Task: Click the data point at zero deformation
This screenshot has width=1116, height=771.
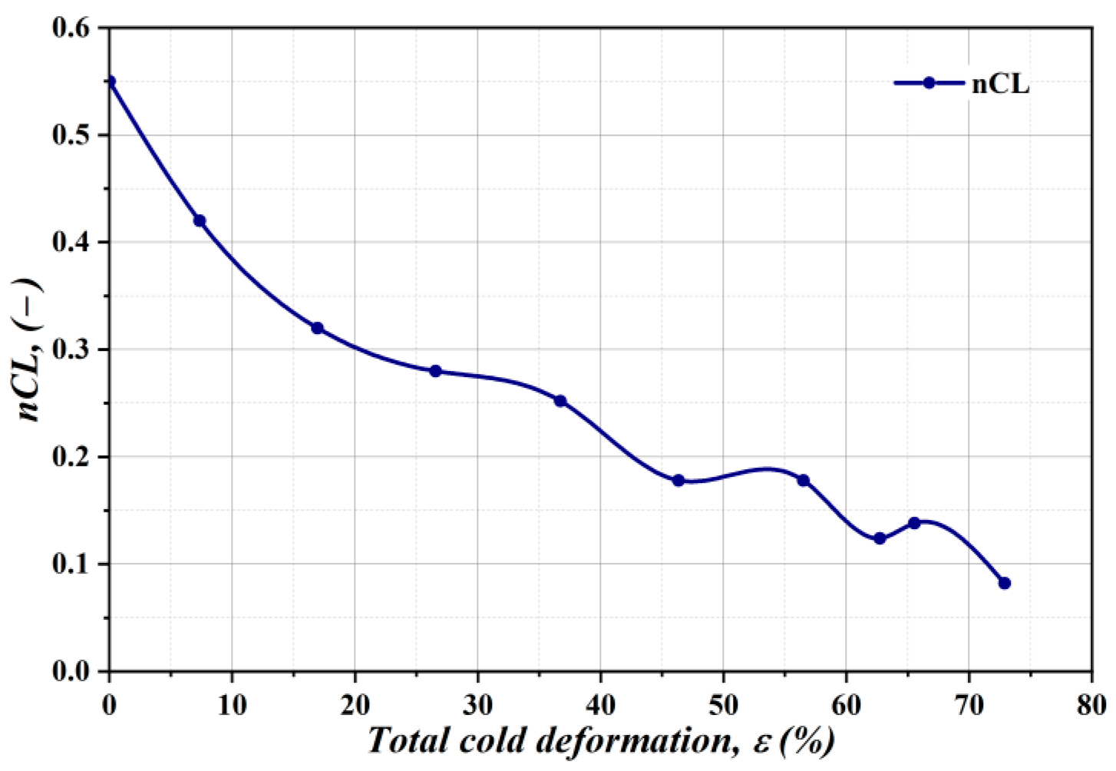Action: pos(110,81)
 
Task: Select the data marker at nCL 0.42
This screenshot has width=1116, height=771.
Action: pos(200,221)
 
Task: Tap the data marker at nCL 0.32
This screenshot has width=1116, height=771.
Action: pos(317,328)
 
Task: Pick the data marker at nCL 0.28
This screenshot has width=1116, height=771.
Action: pos(435,371)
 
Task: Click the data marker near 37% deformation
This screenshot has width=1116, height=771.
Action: pos(560,401)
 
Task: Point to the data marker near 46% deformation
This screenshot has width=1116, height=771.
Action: pos(679,481)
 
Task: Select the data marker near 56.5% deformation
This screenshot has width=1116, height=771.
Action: pos(804,481)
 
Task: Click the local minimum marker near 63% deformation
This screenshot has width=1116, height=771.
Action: pos(880,538)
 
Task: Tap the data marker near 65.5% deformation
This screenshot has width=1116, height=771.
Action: pos(914,523)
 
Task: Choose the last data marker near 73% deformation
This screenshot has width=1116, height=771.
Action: pos(1005,584)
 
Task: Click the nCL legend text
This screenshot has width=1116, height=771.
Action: pos(1001,84)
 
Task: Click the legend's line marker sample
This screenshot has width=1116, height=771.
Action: pos(929,83)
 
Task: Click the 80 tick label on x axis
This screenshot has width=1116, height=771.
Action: pos(1091,704)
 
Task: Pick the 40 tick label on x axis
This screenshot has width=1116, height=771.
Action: pos(600,704)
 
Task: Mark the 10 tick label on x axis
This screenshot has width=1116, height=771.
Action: pos(232,704)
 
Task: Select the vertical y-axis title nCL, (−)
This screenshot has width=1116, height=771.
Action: pos(31,349)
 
